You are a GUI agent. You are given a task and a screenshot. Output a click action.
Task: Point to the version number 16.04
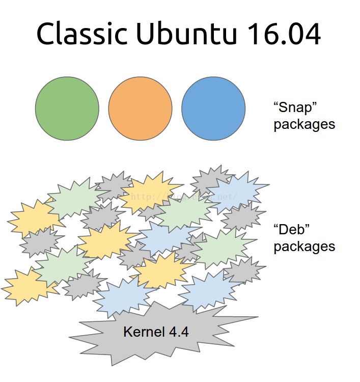284,35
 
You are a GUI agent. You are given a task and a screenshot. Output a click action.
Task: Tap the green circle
67,108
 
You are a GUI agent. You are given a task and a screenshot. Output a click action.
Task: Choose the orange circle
140,108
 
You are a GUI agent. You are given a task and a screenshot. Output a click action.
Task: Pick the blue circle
213,108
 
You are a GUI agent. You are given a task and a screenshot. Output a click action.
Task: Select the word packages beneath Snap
304,124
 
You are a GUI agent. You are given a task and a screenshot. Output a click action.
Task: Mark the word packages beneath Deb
304,247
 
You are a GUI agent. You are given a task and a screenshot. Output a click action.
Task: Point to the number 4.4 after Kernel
179,332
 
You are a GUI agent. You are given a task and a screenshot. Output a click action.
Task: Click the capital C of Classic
45,35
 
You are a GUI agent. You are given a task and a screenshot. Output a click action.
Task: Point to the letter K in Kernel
127,332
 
